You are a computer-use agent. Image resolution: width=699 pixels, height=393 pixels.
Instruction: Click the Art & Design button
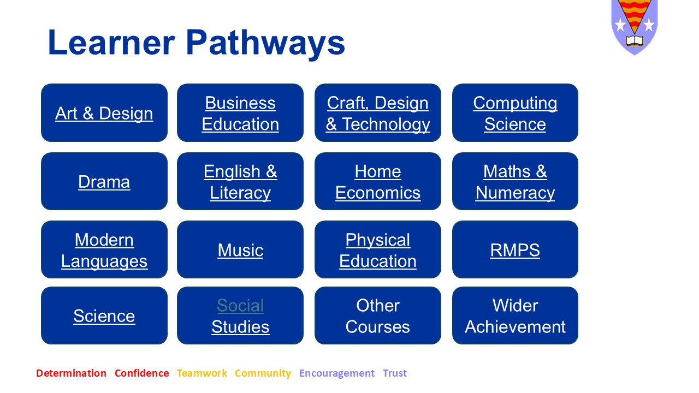[104, 112]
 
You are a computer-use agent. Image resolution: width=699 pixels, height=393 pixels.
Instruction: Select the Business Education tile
[240, 112]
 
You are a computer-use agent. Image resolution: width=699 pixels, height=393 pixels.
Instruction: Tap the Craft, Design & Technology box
[378, 112]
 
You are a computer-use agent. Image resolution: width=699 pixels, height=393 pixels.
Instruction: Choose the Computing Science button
[515, 112]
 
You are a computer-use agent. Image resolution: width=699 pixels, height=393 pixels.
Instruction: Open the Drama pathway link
[104, 182]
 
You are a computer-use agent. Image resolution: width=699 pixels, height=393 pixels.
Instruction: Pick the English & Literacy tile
[240, 181]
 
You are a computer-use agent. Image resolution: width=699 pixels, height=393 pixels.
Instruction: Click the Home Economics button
[378, 181]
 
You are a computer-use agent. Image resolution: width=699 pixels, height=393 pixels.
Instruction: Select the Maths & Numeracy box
[515, 181]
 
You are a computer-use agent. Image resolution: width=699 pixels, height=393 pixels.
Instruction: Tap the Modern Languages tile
[104, 249]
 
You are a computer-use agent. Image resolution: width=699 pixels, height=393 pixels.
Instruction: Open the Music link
[241, 250]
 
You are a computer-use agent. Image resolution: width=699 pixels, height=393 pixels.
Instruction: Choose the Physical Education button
[378, 249]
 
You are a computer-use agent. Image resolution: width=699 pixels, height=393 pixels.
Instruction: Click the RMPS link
[515, 250]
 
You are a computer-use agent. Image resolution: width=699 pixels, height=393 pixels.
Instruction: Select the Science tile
[104, 315]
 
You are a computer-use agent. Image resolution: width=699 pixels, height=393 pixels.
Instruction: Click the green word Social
[241, 305]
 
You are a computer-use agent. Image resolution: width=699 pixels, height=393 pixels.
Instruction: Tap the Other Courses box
[378, 315]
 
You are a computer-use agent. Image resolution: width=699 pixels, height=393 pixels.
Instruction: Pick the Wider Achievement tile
[515, 315]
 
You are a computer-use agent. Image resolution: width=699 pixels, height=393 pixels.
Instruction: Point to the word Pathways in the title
[265, 43]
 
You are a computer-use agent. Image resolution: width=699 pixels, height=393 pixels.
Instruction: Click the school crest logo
[635, 27]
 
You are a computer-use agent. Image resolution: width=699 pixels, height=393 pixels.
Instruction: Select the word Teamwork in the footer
[202, 373]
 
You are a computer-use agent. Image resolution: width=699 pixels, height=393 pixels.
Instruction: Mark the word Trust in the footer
[395, 373]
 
